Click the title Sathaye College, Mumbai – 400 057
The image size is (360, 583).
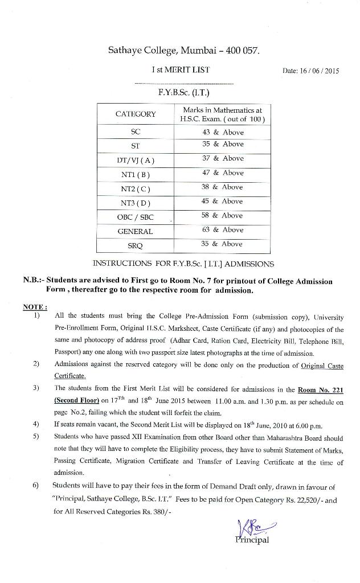pos(183,51)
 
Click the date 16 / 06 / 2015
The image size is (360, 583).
pos(310,71)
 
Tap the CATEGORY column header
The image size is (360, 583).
pos(136,114)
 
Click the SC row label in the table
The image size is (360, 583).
pos(136,132)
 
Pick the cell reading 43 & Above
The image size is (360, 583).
pos(223,132)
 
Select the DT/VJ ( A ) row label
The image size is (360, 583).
pos(136,161)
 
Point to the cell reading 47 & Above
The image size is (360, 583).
pos(223,173)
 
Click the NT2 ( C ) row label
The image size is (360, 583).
pos(136,189)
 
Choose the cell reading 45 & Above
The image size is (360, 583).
pos(223,201)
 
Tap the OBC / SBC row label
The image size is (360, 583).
pos(136,217)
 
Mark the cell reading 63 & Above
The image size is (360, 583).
pos(223,229)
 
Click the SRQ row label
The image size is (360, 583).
pos(136,245)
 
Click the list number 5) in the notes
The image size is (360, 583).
pos(36,437)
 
